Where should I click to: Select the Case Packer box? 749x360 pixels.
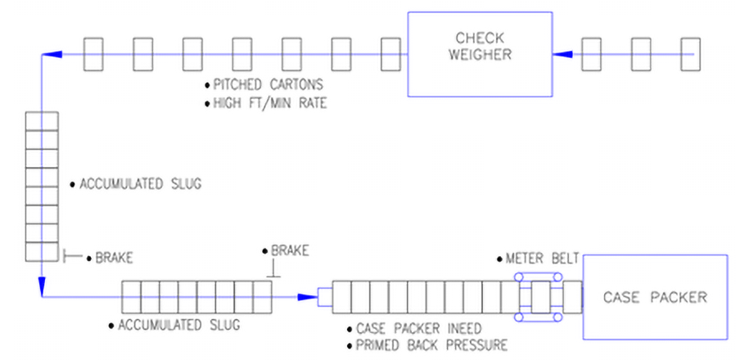(x=655, y=296)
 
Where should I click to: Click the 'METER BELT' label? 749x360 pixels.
(x=543, y=259)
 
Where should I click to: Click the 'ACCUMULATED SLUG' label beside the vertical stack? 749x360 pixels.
(x=139, y=185)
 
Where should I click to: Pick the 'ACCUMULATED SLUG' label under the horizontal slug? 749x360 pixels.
(x=178, y=326)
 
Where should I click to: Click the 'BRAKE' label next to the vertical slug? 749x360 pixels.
(x=114, y=257)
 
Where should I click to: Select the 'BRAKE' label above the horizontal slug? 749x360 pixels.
(x=284, y=251)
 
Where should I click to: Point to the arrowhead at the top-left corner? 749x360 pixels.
(x=51, y=55)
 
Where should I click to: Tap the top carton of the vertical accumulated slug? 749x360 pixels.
(x=41, y=120)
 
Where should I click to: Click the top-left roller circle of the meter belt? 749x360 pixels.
(x=519, y=278)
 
